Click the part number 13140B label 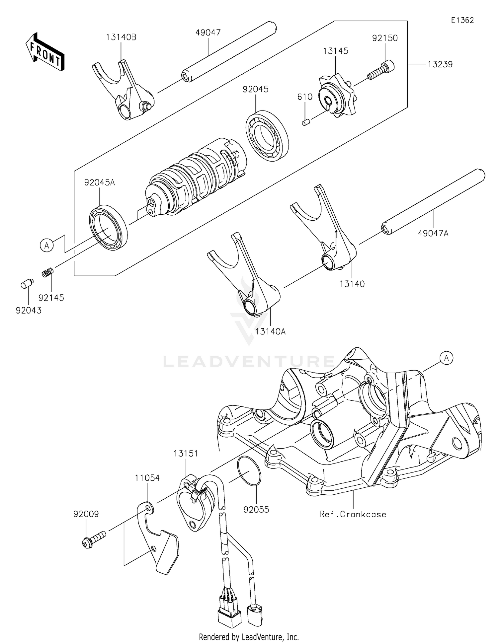121,37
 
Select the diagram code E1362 462,20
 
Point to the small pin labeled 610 306,123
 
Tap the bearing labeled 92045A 109,227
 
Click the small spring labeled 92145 48,273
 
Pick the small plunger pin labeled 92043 27,284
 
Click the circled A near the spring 47,246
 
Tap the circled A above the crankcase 447,358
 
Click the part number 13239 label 440,64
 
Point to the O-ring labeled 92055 249,471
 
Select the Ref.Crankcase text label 353,514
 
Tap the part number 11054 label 147,478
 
